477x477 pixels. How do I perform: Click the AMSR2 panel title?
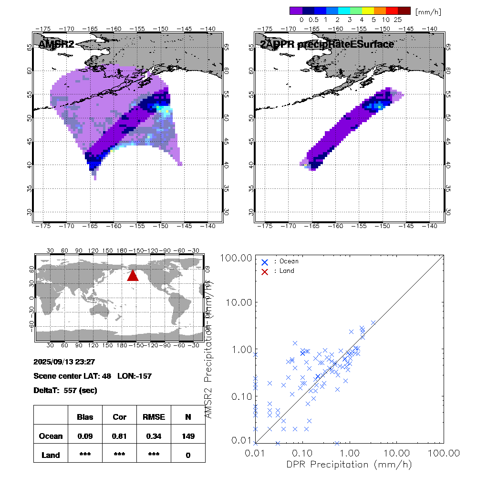point(56,44)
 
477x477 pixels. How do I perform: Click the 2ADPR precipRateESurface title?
point(327,44)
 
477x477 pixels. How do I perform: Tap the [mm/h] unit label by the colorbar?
point(428,11)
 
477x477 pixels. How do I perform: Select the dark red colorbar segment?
point(404,10)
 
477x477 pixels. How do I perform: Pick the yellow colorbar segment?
point(368,10)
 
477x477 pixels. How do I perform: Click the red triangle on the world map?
point(133,275)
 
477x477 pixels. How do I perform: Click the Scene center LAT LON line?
point(93,376)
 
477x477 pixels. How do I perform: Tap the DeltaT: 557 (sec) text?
point(65,390)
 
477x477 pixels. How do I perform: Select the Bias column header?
point(85,417)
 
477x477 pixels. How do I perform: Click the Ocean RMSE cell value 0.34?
point(154,436)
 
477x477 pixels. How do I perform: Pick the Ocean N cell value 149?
point(188,436)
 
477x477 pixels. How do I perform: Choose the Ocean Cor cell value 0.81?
point(119,436)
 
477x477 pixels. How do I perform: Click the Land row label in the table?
point(51,455)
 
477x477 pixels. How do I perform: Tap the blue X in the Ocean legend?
point(265,262)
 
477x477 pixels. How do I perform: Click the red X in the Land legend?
point(265,271)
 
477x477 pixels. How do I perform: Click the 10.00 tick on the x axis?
point(397,452)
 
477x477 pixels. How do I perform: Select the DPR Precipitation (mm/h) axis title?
point(349,464)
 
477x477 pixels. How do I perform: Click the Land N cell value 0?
point(188,455)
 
